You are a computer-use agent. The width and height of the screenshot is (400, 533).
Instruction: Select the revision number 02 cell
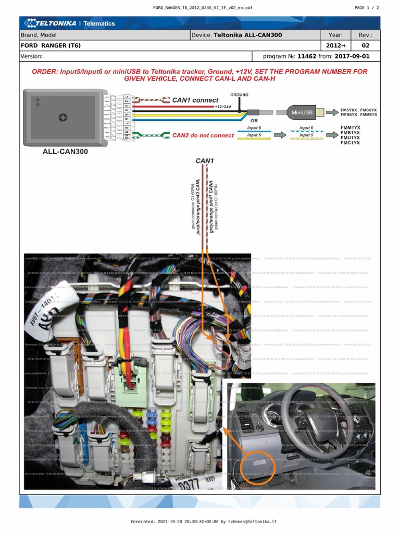pyautogui.click(x=365, y=45)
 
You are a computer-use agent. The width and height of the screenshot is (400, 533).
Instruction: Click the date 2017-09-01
pyautogui.click(x=353, y=56)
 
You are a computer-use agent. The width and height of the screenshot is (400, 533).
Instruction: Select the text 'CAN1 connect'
pyautogui.click(x=195, y=100)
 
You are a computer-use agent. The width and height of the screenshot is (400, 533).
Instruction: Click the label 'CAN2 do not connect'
pyautogui.click(x=203, y=135)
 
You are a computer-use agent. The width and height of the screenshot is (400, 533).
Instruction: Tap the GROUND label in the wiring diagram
pyautogui.click(x=239, y=95)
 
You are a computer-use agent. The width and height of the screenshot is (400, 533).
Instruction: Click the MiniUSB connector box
pyautogui.click(x=302, y=112)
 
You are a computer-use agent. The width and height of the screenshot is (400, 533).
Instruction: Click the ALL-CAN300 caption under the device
pyautogui.click(x=65, y=152)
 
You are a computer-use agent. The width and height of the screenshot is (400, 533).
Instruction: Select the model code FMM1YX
pyautogui.click(x=350, y=128)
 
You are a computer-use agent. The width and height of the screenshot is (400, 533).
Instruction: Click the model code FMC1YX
pyautogui.click(x=350, y=143)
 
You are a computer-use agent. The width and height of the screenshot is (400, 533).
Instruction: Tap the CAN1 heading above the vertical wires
pyautogui.click(x=205, y=161)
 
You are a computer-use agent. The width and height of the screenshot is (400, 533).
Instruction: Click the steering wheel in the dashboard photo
pyautogui.click(x=312, y=416)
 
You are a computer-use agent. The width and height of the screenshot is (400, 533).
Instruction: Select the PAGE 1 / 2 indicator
pyautogui.click(x=367, y=8)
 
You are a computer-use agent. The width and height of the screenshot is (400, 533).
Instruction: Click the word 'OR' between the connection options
pyautogui.click(x=254, y=121)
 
